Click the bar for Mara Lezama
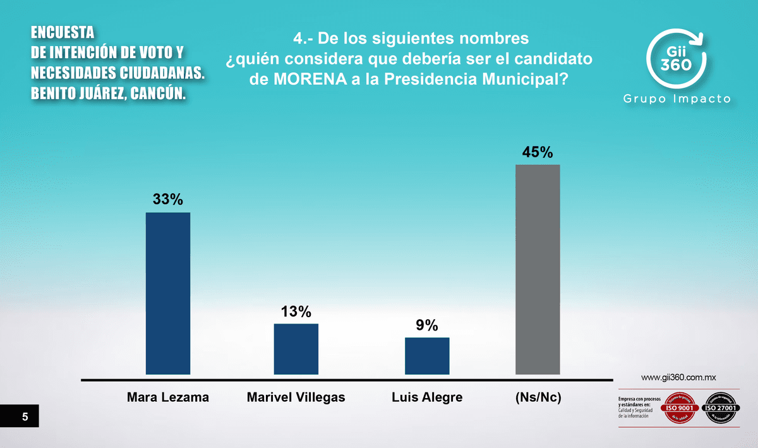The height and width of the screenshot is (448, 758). [168, 293]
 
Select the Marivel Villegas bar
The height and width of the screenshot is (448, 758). [296, 349]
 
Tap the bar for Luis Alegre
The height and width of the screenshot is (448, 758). [427, 356]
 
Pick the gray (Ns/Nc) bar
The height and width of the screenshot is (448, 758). [538, 270]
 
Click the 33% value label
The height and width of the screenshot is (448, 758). [168, 200]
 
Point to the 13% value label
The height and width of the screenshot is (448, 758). [296, 312]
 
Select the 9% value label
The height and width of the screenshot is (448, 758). [427, 325]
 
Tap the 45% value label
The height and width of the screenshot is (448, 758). [538, 152]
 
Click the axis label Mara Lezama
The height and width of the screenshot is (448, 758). [168, 397]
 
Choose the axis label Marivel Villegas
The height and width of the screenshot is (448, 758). [296, 397]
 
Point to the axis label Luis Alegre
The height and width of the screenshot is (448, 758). [427, 397]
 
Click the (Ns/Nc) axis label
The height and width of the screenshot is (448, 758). [538, 397]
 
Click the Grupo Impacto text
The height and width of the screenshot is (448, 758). [677, 99]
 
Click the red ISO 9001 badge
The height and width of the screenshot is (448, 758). [678, 408]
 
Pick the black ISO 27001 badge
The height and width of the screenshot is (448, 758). [720, 408]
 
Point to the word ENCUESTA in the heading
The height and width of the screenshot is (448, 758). [63, 32]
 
